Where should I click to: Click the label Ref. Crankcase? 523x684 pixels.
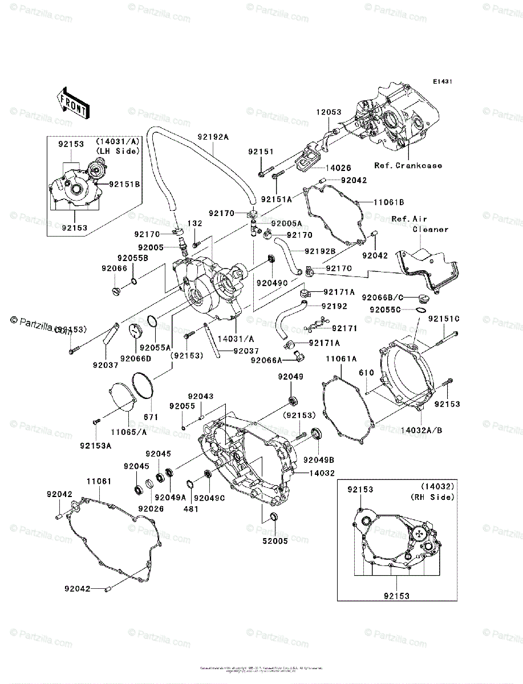pos(408,165)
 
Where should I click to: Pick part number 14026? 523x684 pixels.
pos(338,168)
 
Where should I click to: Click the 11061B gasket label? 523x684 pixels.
pos(389,202)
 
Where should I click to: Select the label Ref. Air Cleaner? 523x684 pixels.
pos(424,224)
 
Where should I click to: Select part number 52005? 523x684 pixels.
pos(275,541)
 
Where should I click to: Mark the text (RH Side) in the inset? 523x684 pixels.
pos(433,497)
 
